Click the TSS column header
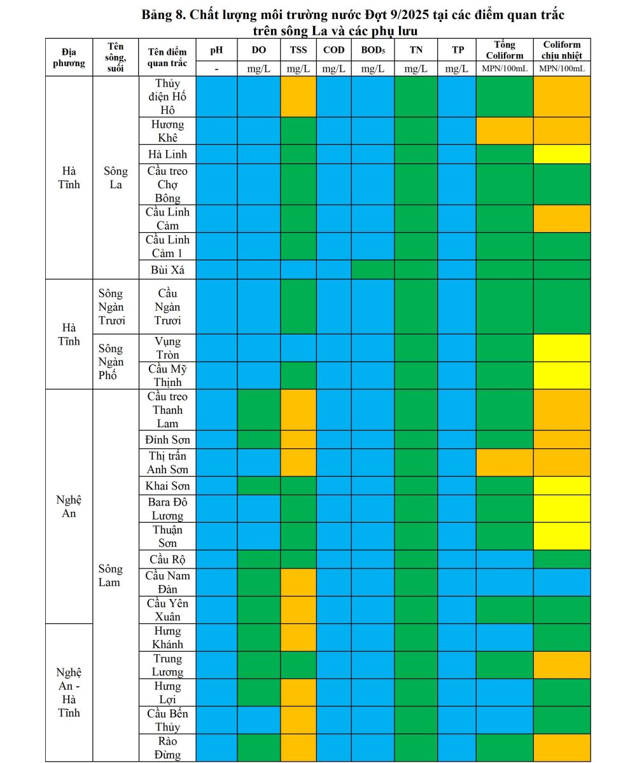coord(298,50)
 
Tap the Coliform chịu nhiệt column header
coord(562,50)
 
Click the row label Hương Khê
coord(167,131)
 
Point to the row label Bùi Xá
coord(167,270)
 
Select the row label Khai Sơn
coord(167,486)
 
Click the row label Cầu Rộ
coord(167,560)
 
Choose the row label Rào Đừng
coord(167,748)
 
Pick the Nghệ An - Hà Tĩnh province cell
coord(69,692)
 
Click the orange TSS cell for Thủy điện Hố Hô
coord(298,97)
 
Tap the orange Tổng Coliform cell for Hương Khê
coord(505,131)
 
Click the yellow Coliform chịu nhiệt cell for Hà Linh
coord(562,155)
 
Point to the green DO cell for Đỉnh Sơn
coord(259,439)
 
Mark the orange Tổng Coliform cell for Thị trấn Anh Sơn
coord(505,463)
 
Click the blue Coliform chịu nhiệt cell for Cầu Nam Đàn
coord(562,582)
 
